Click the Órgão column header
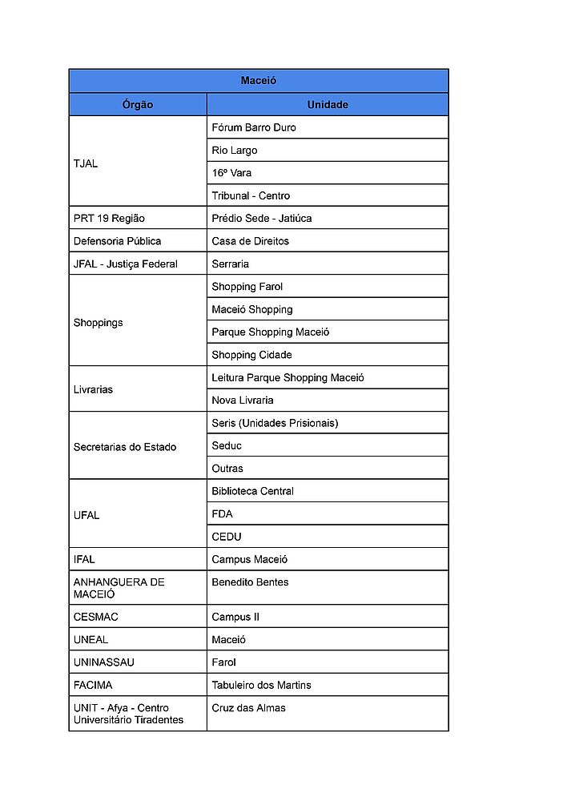138,105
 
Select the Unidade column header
328,105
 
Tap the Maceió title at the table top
259,81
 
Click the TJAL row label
86,163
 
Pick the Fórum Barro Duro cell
254,127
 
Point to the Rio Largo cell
235,151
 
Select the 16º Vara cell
232,173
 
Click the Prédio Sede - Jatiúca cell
262,219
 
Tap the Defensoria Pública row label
118,241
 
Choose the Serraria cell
231,264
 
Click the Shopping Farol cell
247,287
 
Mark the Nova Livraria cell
243,400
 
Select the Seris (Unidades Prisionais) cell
275,423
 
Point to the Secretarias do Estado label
125,447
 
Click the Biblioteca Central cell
253,491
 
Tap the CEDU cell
227,537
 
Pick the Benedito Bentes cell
251,582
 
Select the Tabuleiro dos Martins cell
262,686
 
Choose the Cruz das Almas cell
249,708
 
